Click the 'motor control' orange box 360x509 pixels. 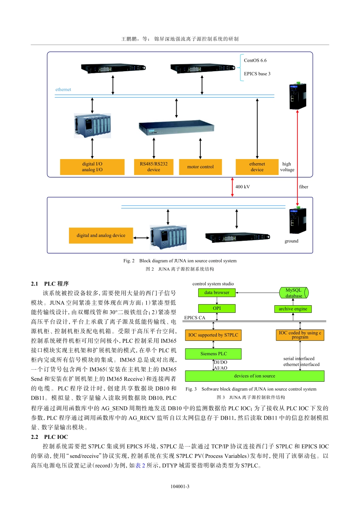tap(200, 167)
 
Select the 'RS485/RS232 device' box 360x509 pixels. tap(153, 167)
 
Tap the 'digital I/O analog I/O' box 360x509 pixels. tap(92, 167)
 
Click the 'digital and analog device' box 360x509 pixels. tap(101, 236)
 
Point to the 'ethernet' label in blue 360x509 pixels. tap(63, 90)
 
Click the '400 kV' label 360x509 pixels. tap(243, 187)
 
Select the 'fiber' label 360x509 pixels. tap(304, 187)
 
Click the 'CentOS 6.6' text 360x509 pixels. tap(255, 61)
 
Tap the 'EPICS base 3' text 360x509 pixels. tap(257, 74)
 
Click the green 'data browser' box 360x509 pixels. tap(217, 293)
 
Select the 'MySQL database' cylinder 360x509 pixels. tap(294, 293)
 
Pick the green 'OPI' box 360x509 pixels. tap(217, 308)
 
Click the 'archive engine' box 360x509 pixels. tap(293, 309)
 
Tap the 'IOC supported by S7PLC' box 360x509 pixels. tap(213, 335)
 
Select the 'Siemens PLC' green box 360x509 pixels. tap(213, 354)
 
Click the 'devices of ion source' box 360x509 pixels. tap(255, 376)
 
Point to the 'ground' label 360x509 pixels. tap(291, 241)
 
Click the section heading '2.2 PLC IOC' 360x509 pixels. tap(50, 437)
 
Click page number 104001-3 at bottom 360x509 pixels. tap(180, 487)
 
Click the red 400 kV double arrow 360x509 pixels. tap(233, 187)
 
